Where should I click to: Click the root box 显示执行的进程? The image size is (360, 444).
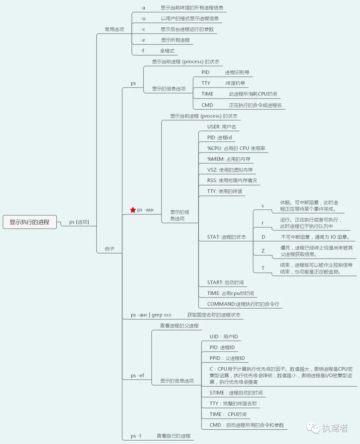pos(30,222)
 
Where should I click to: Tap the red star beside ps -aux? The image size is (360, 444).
pos(133,210)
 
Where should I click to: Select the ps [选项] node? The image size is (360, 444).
pos(79,222)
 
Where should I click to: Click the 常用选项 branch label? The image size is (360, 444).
pos(114,29)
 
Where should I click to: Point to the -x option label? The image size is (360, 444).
pos(143,29)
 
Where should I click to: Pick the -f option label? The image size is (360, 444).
pos(142,51)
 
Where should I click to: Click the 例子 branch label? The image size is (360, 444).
pos(109,249)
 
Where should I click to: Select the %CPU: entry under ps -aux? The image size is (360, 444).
pos(236,148)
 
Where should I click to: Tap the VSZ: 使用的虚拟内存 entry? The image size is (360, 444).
pos(230,170)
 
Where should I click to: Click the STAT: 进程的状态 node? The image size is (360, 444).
pos(226,237)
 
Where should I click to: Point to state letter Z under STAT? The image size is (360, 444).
pos(263,251)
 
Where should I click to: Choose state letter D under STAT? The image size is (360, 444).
pos(263,237)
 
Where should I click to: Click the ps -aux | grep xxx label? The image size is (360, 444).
pos(151,315)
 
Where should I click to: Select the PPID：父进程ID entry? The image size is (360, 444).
pos(227,358)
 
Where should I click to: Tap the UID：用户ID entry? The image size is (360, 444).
pos(224,337)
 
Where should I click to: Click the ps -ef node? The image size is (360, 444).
pos(137,376)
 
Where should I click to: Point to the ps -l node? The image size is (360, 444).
pos(136,436)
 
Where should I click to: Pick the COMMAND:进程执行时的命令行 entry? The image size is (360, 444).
pos(243,304)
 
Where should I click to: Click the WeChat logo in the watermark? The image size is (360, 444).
pos(313,428)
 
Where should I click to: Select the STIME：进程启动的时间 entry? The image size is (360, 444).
pos(236,393)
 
